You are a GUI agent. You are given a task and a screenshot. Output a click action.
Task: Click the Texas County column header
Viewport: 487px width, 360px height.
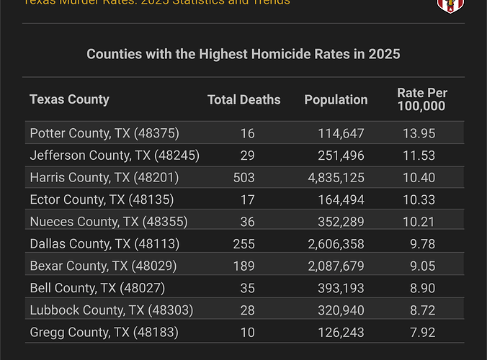(x=69, y=99)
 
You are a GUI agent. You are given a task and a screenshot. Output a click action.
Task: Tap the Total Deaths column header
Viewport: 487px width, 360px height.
(x=243, y=100)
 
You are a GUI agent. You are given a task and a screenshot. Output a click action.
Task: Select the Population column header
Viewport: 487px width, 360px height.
(x=336, y=100)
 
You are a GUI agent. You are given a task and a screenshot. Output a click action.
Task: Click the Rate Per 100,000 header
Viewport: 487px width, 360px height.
(x=421, y=100)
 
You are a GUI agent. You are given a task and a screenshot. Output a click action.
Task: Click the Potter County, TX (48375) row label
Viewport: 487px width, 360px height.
(x=104, y=133)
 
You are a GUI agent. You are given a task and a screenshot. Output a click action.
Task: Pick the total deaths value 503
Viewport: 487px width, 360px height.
(x=243, y=177)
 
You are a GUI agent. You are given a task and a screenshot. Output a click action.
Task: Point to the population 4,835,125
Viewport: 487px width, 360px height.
(x=336, y=177)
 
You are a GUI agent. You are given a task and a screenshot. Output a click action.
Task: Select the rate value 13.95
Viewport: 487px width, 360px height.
(x=422, y=133)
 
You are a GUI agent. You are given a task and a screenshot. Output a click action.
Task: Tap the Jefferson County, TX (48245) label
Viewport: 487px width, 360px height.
(x=115, y=156)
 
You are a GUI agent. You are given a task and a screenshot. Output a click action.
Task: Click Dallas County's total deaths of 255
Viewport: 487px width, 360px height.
(x=243, y=244)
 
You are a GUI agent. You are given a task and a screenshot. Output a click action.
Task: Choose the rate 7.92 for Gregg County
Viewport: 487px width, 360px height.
(x=422, y=333)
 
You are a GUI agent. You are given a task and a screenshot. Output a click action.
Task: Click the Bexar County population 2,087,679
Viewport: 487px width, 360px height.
(x=336, y=266)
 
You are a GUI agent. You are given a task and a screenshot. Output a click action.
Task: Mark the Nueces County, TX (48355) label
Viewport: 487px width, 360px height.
(x=106, y=222)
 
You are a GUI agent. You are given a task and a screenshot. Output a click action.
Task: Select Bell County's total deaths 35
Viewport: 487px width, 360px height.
(x=243, y=288)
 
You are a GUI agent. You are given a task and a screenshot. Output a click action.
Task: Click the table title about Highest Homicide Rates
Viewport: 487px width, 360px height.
(x=243, y=54)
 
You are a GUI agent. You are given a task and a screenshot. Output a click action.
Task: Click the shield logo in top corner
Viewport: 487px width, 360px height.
(x=450, y=4)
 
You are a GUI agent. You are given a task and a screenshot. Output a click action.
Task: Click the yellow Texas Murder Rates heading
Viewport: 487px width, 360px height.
(x=157, y=2)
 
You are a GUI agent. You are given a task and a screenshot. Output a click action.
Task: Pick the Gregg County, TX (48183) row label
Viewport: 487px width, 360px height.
(x=104, y=333)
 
